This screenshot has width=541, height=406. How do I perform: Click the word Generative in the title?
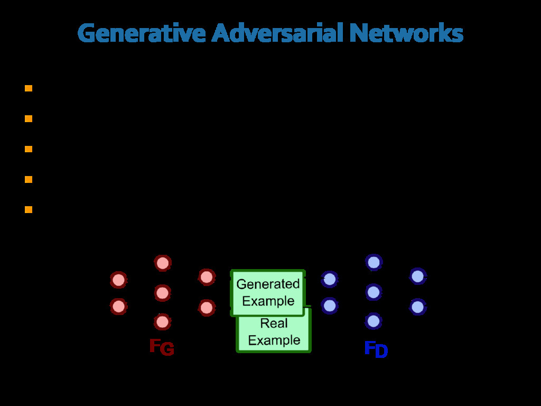(141, 34)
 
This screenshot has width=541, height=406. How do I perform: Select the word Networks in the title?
(406, 34)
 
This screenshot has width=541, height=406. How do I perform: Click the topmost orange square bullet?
(29, 88)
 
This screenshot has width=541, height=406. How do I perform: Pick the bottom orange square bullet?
(29, 210)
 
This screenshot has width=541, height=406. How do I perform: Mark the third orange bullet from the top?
(29, 149)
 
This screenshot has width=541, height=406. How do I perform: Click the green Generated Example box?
(268, 292)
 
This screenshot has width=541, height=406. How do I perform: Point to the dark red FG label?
(161, 347)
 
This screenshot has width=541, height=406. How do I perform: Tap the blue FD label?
(376, 349)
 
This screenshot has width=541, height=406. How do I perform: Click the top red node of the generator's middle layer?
(163, 263)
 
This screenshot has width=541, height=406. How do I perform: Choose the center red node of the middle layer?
(163, 292)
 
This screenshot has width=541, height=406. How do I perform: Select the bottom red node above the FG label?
(162, 321)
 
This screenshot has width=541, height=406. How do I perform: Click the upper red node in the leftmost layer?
(118, 280)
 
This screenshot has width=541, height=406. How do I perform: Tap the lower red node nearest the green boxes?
(207, 308)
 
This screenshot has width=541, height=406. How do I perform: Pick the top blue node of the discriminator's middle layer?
(374, 262)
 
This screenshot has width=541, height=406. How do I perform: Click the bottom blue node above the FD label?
(374, 321)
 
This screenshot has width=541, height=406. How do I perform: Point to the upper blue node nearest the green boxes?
(330, 279)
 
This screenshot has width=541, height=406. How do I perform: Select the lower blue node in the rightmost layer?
(417, 307)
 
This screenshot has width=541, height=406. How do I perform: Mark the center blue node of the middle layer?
(374, 292)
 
